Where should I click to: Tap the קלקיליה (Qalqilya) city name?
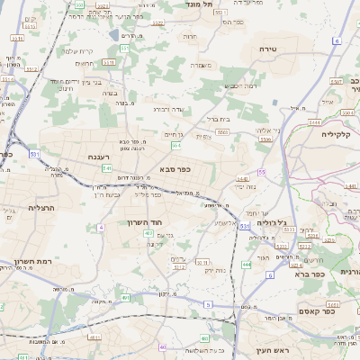tap(340, 133)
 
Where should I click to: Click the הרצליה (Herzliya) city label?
tap(42, 208)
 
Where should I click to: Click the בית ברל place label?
tap(219, 118)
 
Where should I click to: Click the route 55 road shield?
tap(262, 171)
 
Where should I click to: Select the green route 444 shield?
tap(246, 265)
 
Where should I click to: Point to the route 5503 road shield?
tap(221, 131)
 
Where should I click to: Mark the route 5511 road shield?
tap(107, 62)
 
